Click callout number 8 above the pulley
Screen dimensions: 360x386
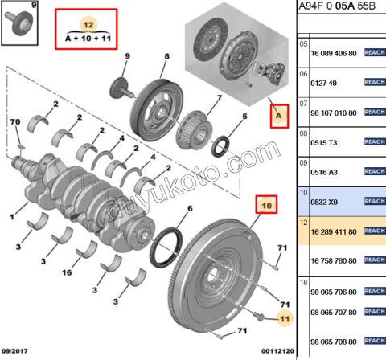[x=166, y=56]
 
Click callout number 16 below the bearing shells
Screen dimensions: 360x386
[x=69, y=273]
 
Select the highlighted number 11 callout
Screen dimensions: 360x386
[x=282, y=320]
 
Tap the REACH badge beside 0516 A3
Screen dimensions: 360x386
[x=374, y=171]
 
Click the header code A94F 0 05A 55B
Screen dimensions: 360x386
[x=339, y=9]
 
